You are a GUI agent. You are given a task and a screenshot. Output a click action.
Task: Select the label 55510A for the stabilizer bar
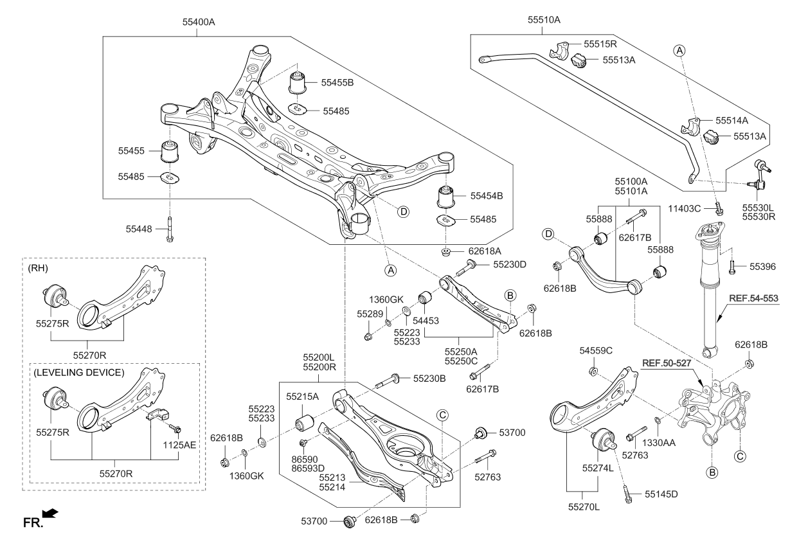point(544,20)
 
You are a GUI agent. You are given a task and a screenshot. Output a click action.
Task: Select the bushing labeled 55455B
point(297,84)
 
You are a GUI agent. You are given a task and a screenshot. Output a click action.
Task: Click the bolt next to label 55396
point(732,265)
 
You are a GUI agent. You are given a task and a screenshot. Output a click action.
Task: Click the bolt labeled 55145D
point(627,494)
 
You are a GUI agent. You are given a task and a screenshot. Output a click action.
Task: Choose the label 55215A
point(303,397)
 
